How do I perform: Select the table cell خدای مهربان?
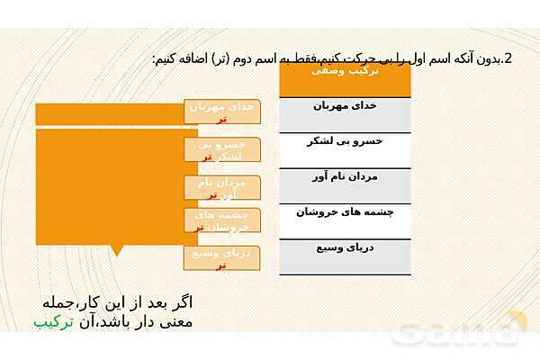[x=346, y=106]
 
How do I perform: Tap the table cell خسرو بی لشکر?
[x=346, y=141]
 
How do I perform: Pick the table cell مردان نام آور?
[x=346, y=177]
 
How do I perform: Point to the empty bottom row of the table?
[x=346, y=267]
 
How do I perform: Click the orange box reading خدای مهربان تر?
[x=222, y=112]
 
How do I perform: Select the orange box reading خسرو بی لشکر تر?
[x=221, y=150]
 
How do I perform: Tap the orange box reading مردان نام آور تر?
[x=221, y=188]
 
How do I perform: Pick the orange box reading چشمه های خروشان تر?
[x=221, y=220]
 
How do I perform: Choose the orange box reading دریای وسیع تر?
[x=221, y=258]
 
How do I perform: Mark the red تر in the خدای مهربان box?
[x=222, y=118]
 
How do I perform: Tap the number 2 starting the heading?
[x=508, y=59]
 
